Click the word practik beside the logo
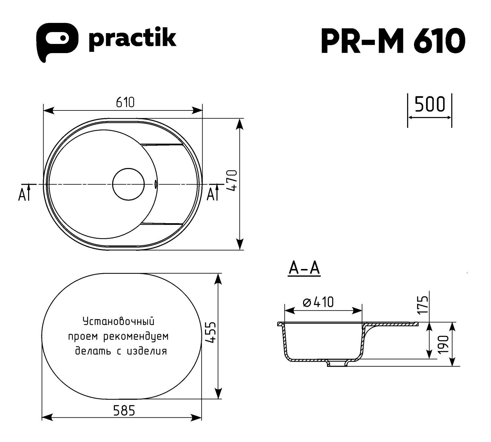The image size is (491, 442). point(132,39)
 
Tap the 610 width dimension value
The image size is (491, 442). point(125,103)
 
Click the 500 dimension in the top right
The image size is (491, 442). point(430,105)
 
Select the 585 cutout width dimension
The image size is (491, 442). point(124,410)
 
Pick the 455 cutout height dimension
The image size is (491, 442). point(210,333)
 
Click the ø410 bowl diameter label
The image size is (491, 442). point(318,302)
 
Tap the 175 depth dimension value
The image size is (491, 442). point(424,305)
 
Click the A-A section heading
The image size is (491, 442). point(304,269)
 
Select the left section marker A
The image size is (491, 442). point(23,195)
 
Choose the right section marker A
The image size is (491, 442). point(211,195)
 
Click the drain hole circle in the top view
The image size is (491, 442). point(128,184)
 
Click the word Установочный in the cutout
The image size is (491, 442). point(118,321)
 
